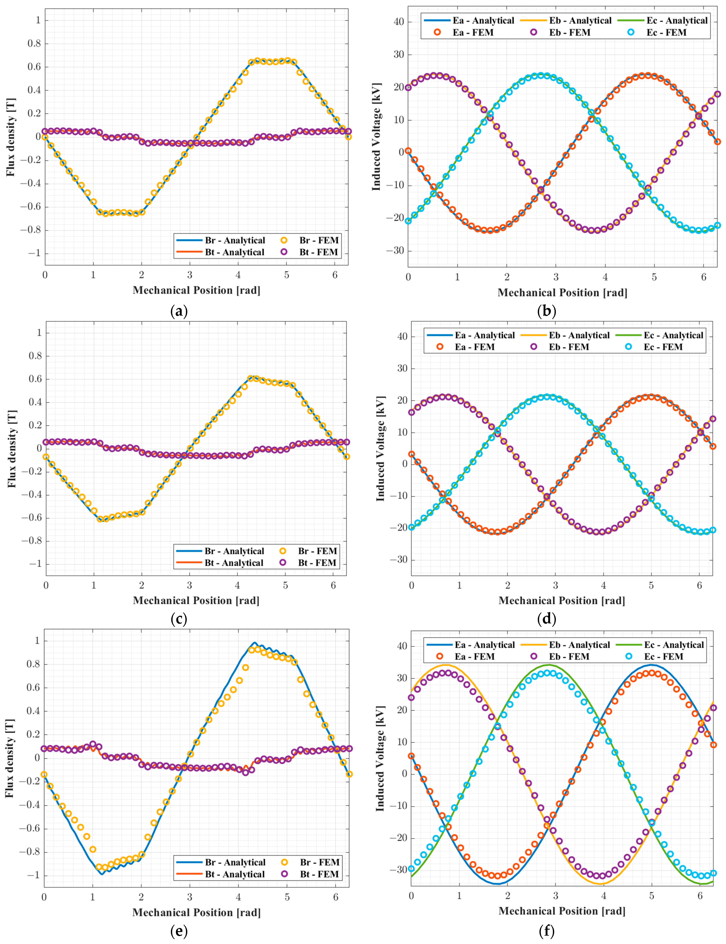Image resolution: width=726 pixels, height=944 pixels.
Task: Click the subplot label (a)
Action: click(179, 311)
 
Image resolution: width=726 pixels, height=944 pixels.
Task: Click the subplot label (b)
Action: click(546, 311)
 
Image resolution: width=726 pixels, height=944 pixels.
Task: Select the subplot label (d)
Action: click(546, 619)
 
